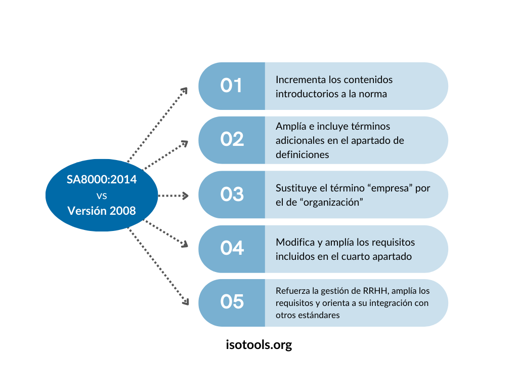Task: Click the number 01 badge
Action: (x=231, y=86)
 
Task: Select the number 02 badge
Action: (x=232, y=140)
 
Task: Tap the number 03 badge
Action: (x=232, y=194)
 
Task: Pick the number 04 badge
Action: (x=232, y=249)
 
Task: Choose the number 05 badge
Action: (x=232, y=302)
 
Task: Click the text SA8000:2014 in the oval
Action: (x=102, y=179)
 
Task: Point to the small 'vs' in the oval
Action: (x=102, y=196)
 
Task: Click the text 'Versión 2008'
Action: (x=102, y=211)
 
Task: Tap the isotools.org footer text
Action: (x=259, y=345)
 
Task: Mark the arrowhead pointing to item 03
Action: (x=186, y=196)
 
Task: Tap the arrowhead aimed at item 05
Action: (x=186, y=302)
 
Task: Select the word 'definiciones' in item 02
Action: (x=303, y=154)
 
